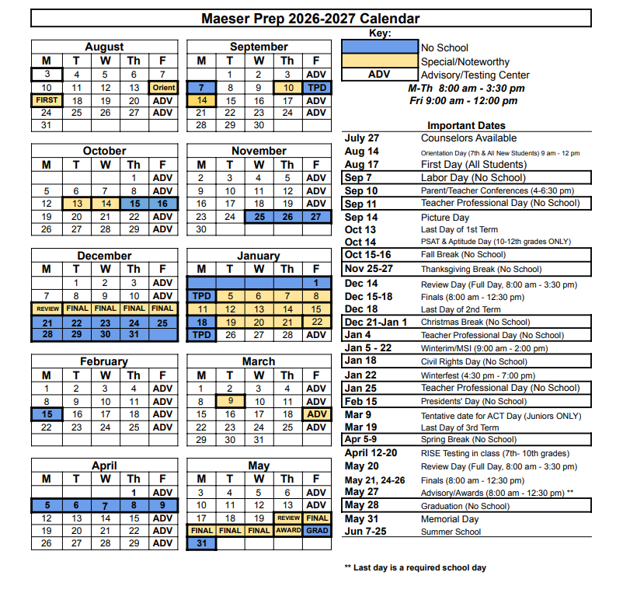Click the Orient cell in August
pyautogui.click(x=163, y=88)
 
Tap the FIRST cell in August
pyautogui.click(x=47, y=100)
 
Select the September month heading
pyautogui.click(x=259, y=47)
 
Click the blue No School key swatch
pyautogui.click(x=379, y=47)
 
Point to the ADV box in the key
pyautogui.click(x=379, y=75)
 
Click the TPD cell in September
pyautogui.click(x=316, y=88)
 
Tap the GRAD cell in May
pyautogui.click(x=316, y=531)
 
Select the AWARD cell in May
pyautogui.click(x=287, y=531)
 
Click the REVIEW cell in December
pyautogui.click(x=47, y=309)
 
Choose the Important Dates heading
pyautogui.click(x=466, y=125)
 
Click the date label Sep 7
pyautogui.click(x=360, y=177)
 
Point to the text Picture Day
pyautogui.click(x=445, y=218)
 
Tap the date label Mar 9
pyautogui.click(x=357, y=415)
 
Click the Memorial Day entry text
pyautogui.click(x=450, y=519)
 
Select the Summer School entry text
pyautogui.click(x=451, y=532)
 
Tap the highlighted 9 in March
pyautogui.click(x=230, y=401)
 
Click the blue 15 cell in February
pyautogui.click(x=47, y=414)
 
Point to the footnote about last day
pyautogui.click(x=415, y=567)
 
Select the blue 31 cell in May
pyautogui.click(x=201, y=543)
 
